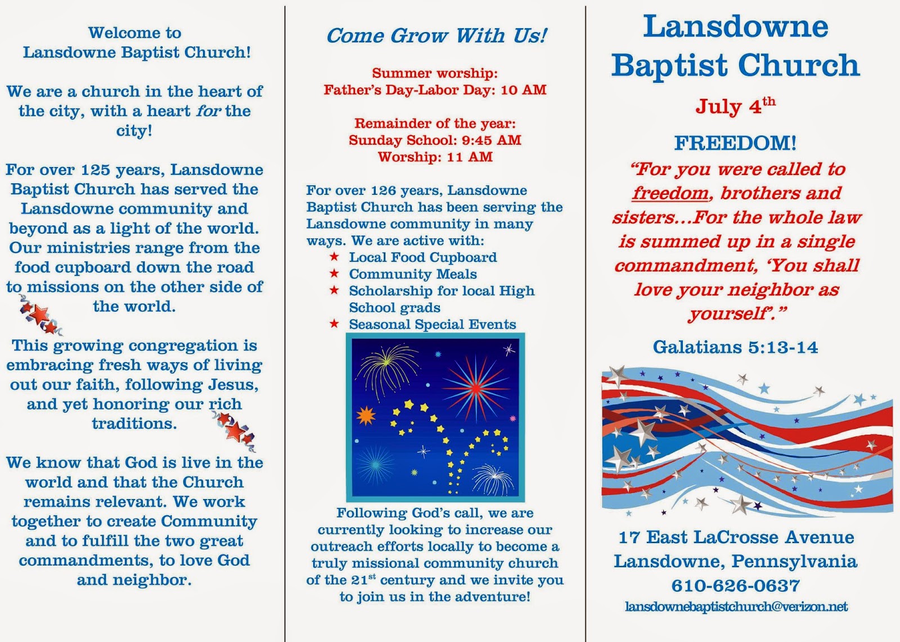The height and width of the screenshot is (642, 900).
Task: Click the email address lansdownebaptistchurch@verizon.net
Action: pos(736,606)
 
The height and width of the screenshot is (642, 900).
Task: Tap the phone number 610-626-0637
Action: pos(736,585)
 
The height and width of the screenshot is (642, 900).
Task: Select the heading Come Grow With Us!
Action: pos(436,35)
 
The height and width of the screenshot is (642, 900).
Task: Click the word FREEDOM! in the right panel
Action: pos(735,143)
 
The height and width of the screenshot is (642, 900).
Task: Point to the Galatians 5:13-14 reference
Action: pos(735,347)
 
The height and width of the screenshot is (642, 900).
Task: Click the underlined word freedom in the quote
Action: pos(670,193)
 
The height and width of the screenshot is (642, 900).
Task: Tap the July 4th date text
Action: pos(735,106)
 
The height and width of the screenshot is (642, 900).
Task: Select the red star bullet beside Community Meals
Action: pos(334,273)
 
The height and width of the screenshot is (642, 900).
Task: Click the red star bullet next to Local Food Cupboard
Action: pos(334,257)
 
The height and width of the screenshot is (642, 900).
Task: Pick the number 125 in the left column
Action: pos(95,170)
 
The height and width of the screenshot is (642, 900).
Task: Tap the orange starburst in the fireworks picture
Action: pos(366,416)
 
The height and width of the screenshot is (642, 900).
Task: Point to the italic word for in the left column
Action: pos(208,110)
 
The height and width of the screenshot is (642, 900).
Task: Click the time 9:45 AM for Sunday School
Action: pos(495,140)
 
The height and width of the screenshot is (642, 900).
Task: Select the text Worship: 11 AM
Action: pos(435,157)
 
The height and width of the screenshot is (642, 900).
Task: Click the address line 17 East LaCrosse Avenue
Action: pos(736,537)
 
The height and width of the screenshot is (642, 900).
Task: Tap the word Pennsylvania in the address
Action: pos(794,562)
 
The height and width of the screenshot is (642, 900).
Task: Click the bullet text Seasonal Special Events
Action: pos(433,324)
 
